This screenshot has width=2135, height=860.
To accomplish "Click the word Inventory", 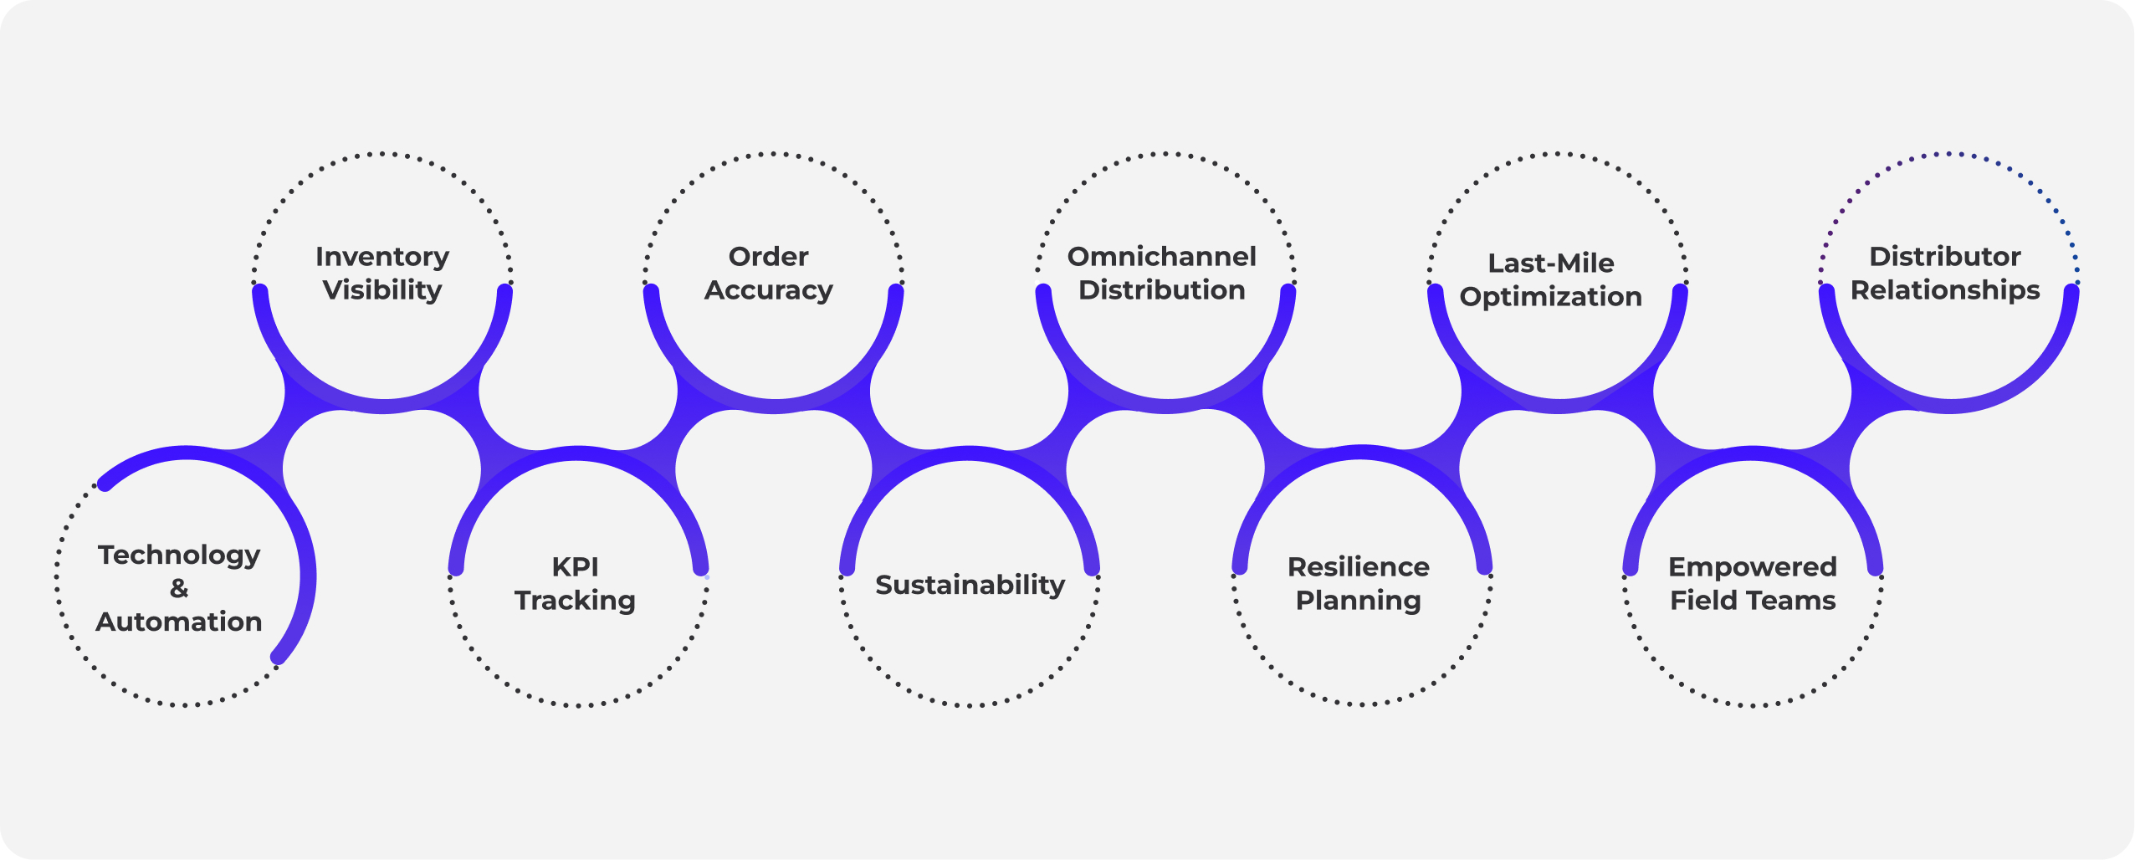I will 382,256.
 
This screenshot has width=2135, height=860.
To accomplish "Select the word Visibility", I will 382,290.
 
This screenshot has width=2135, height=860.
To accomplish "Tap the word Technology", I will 179,555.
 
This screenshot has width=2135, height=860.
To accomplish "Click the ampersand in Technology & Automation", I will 179,588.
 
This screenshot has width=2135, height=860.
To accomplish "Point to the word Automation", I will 179,622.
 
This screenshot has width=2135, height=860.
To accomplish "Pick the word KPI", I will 576,566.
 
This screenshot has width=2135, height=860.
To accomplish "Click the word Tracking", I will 576,601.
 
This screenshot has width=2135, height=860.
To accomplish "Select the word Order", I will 769,256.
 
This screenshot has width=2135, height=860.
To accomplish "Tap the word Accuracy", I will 769,290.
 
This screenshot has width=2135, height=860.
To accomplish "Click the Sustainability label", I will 970,584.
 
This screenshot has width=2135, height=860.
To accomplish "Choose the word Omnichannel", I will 1162,256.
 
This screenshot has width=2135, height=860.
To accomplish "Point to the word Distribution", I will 1162,290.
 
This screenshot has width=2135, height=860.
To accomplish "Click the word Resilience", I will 1359,566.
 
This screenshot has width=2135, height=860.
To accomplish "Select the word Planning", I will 1359,601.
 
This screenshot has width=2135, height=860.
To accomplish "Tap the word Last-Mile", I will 1551,263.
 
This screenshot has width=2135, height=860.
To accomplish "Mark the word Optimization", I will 1551,297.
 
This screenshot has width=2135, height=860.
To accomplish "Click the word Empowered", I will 1753,566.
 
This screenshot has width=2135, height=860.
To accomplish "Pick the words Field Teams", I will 1753,601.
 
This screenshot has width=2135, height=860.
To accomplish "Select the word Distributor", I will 1945,256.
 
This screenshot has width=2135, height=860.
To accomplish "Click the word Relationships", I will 1945,290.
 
